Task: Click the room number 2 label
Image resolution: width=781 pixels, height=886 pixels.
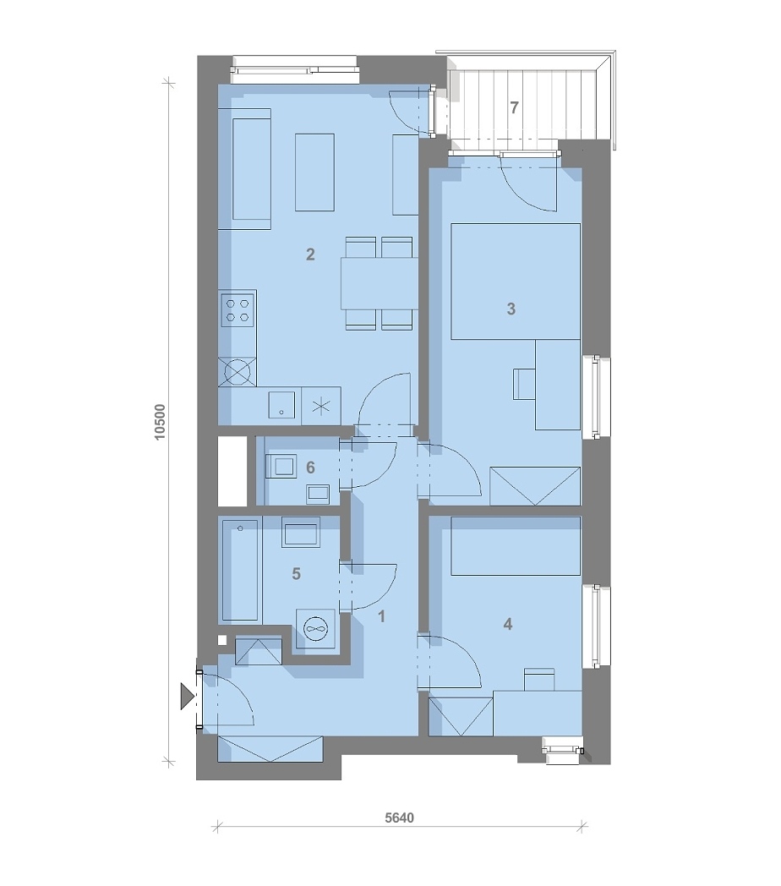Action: (x=310, y=254)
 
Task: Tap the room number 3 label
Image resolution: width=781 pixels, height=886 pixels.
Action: (x=511, y=309)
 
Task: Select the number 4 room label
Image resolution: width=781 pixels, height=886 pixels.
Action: (x=507, y=624)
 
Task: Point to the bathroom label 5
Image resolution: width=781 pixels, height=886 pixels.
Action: (x=296, y=574)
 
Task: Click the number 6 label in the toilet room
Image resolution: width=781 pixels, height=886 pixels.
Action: (x=310, y=468)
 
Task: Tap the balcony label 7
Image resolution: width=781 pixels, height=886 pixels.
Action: (x=514, y=107)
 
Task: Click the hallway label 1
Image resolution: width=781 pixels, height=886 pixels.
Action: (x=381, y=616)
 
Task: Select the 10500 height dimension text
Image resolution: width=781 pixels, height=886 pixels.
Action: (x=160, y=422)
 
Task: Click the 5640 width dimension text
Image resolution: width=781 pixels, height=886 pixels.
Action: (x=400, y=818)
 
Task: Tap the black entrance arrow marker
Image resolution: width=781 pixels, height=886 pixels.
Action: (x=186, y=696)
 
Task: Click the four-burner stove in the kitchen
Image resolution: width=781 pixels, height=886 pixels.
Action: (x=238, y=310)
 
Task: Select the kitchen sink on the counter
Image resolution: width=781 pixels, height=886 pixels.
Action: (x=281, y=405)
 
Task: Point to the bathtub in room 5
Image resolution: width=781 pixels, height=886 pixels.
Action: (x=240, y=570)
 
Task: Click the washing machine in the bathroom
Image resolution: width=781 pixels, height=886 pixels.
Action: (x=316, y=628)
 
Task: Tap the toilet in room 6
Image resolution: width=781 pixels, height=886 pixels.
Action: (x=281, y=466)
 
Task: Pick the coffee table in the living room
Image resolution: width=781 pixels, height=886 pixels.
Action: (x=314, y=172)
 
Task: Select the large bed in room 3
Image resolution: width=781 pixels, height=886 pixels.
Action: (x=516, y=282)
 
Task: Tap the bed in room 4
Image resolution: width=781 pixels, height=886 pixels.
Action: (x=516, y=546)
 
